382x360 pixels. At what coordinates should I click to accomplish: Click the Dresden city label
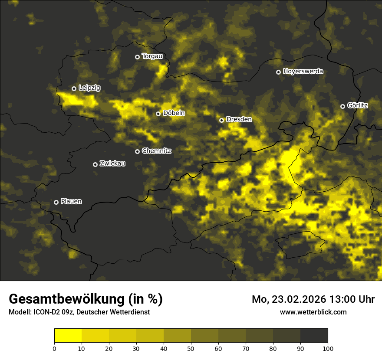click(239, 119)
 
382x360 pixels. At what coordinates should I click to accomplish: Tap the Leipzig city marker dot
click(74, 88)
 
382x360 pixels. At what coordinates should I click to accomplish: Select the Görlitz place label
click(358, 105)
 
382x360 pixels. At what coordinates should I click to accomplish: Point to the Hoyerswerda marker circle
click(278, 72)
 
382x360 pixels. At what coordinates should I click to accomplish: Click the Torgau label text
click(152, 56)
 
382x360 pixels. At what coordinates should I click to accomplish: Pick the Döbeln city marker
click(158, 114)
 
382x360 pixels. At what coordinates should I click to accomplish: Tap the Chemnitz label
click(157, 151)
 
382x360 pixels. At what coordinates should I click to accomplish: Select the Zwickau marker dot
click(95, 164)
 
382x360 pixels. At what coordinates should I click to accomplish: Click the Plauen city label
click(71, 202)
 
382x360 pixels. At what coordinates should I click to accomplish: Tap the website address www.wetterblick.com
click(313, 312)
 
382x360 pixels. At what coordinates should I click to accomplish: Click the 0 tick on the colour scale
click(54, 348)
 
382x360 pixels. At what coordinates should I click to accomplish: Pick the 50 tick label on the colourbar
click(191, 348)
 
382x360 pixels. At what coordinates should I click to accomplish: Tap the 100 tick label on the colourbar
click(328, 348)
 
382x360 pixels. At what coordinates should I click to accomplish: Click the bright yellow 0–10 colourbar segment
click(68, 335)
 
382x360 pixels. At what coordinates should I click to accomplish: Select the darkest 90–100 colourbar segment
click(314, 335)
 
